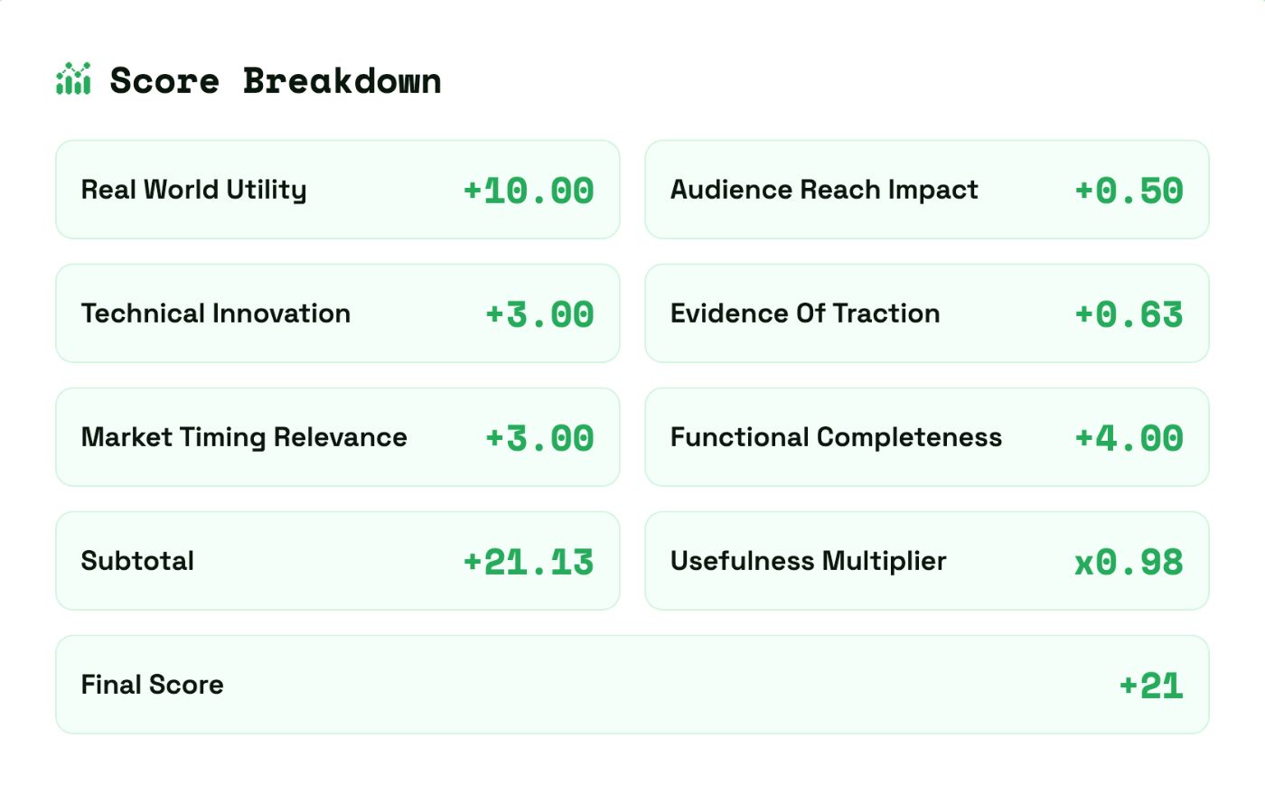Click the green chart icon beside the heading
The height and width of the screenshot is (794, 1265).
(73, 79)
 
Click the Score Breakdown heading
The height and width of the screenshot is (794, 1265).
(275, 81)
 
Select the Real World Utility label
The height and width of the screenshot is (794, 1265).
(193, 190)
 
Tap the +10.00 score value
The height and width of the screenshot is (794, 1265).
(529, 191)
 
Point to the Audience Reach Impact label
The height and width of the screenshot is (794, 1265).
(824, 190)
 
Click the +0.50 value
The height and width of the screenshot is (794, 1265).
(1129, 191)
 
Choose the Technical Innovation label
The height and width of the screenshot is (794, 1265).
(216, 313)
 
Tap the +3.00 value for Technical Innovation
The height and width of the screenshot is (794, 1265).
(539, 314)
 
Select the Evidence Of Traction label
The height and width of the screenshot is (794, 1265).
(805, 313)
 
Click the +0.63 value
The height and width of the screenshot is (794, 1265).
(1129, 314)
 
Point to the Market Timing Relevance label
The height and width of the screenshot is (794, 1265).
(244, 437)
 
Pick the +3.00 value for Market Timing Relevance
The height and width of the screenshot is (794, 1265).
(539, 438)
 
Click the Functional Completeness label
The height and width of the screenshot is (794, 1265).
(836, 437)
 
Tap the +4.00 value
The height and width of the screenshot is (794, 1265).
(1129, 438)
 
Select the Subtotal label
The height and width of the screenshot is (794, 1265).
(137, 561)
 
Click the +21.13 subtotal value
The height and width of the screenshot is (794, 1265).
(529, 562)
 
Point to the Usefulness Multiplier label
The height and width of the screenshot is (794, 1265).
(808, 561)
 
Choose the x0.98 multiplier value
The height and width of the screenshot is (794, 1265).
(1129, 563)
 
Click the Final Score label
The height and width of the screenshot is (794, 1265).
(152, 685)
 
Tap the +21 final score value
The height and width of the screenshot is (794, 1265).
(1150, 686)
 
